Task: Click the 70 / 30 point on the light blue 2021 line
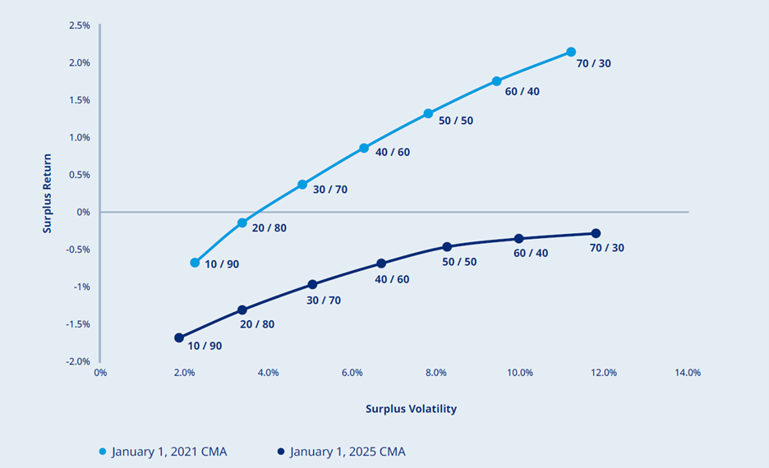[571, 52]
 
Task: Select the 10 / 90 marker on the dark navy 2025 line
[179, 337]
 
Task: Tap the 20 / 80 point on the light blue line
[242, 223]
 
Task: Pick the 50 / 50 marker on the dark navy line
[447, 246]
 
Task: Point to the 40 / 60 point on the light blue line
[364, 148]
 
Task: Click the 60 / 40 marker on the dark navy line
[518, 238]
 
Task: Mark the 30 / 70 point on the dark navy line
[312, 285]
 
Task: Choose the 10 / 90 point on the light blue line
[195, 263]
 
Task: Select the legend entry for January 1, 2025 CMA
[341, 452]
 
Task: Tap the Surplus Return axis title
[48, 194]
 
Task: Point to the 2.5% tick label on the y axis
[80, 25]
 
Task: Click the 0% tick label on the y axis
[84, 212]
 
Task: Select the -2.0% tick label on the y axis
[78, 361]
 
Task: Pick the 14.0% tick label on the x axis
[687, 373]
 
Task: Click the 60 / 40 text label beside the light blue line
[522, 91]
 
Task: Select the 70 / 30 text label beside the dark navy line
[606, 247]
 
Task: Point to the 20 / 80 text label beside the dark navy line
[257, 324]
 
